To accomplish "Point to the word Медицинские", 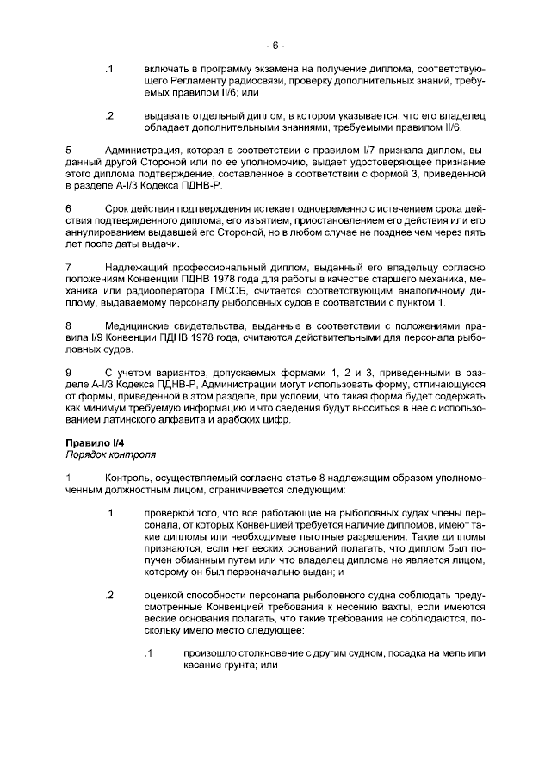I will point(138,326).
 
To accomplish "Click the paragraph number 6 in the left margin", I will point(68,207).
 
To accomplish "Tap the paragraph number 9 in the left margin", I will point(68,371).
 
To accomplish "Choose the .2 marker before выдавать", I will point(109,114).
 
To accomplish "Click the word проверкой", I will point(170,513).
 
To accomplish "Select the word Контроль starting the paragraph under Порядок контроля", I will point(128,478).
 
